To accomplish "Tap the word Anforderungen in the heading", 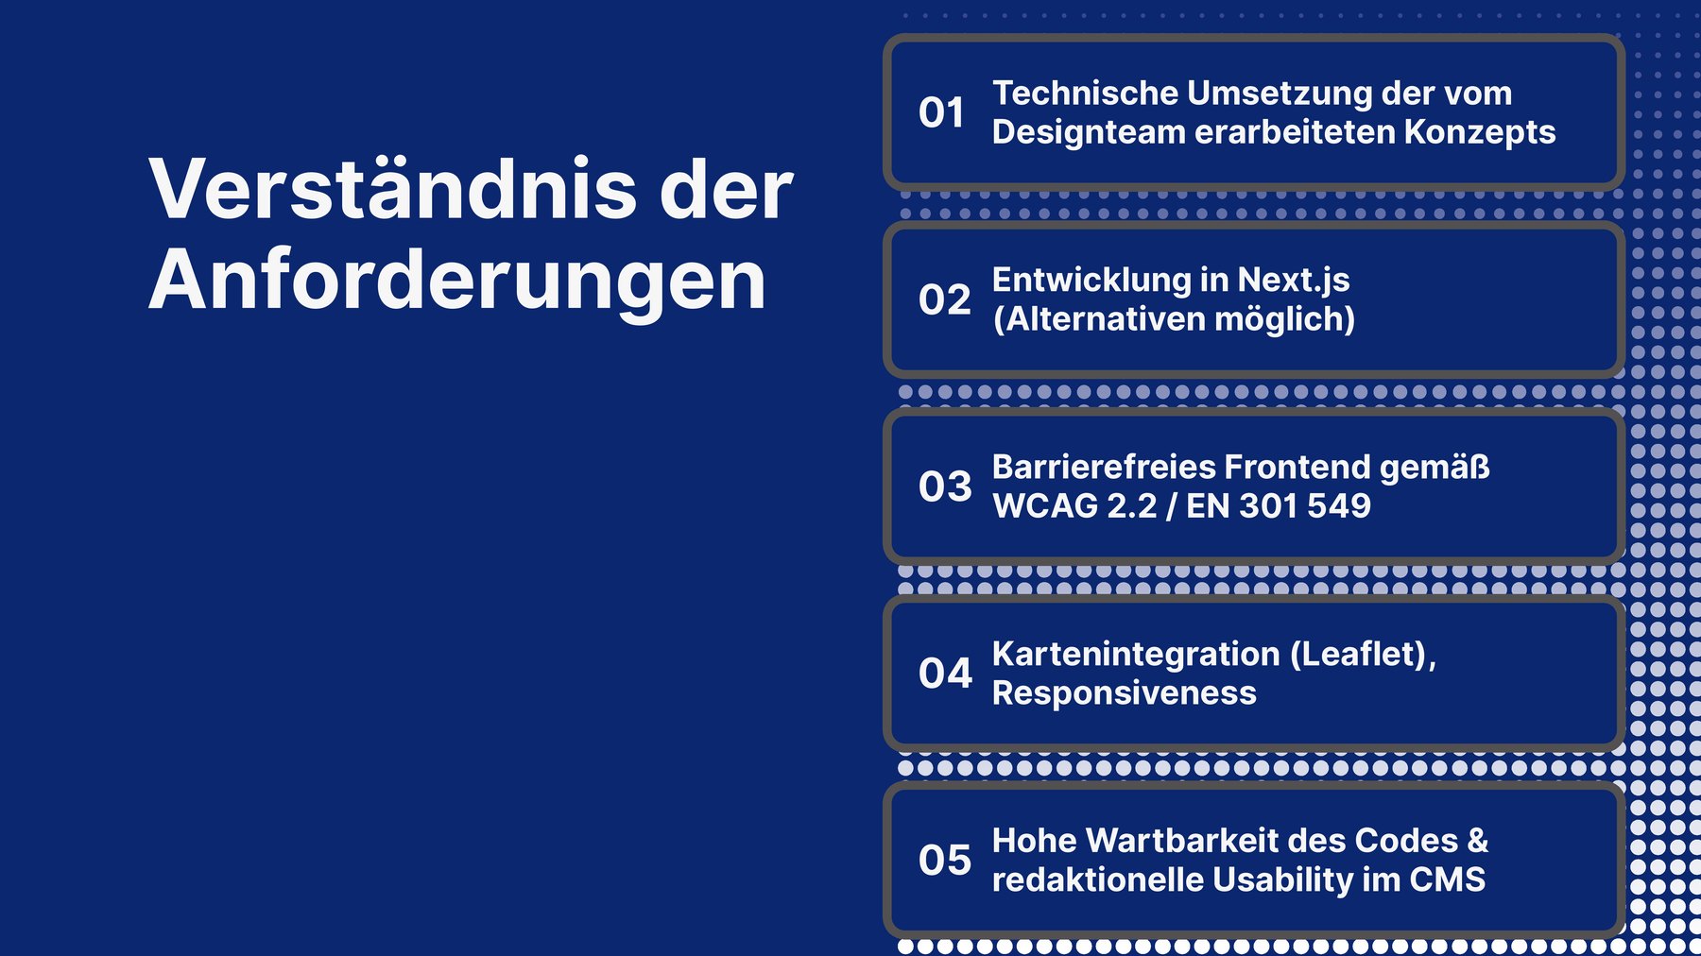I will click(457, 282).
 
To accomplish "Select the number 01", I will click(941, 112).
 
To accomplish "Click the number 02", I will click(944, 299).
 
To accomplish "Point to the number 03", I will click(944, 487).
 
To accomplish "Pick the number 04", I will click(944, 674).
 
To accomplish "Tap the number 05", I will click(944, 861).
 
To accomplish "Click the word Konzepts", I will click(1480, 132).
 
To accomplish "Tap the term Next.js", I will click(1294, 280).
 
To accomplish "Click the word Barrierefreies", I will click(1102, 467).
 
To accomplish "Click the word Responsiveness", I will click(1125, 693).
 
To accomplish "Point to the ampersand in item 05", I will click(1478, 841).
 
